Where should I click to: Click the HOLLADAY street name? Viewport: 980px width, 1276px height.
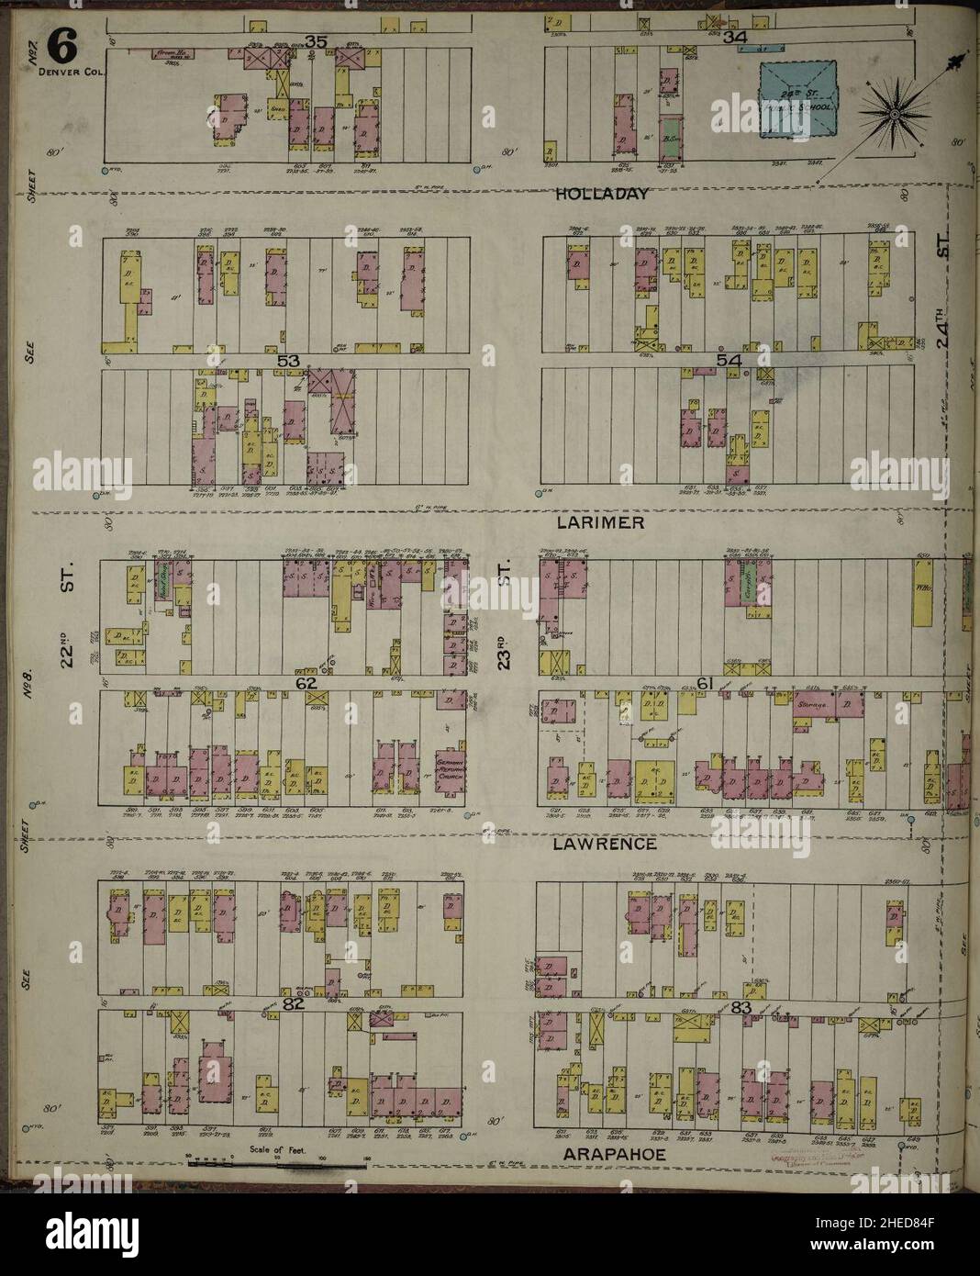click(603, 194)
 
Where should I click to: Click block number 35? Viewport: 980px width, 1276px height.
click(317, 40)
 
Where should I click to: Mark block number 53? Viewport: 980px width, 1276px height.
click(289, 363)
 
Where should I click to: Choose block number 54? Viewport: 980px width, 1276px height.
click(729, 363)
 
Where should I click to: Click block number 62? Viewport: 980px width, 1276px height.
click(306, 683)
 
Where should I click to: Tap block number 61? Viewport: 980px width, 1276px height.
click(705, 683)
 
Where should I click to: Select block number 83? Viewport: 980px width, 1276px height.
click(743, 1007)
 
